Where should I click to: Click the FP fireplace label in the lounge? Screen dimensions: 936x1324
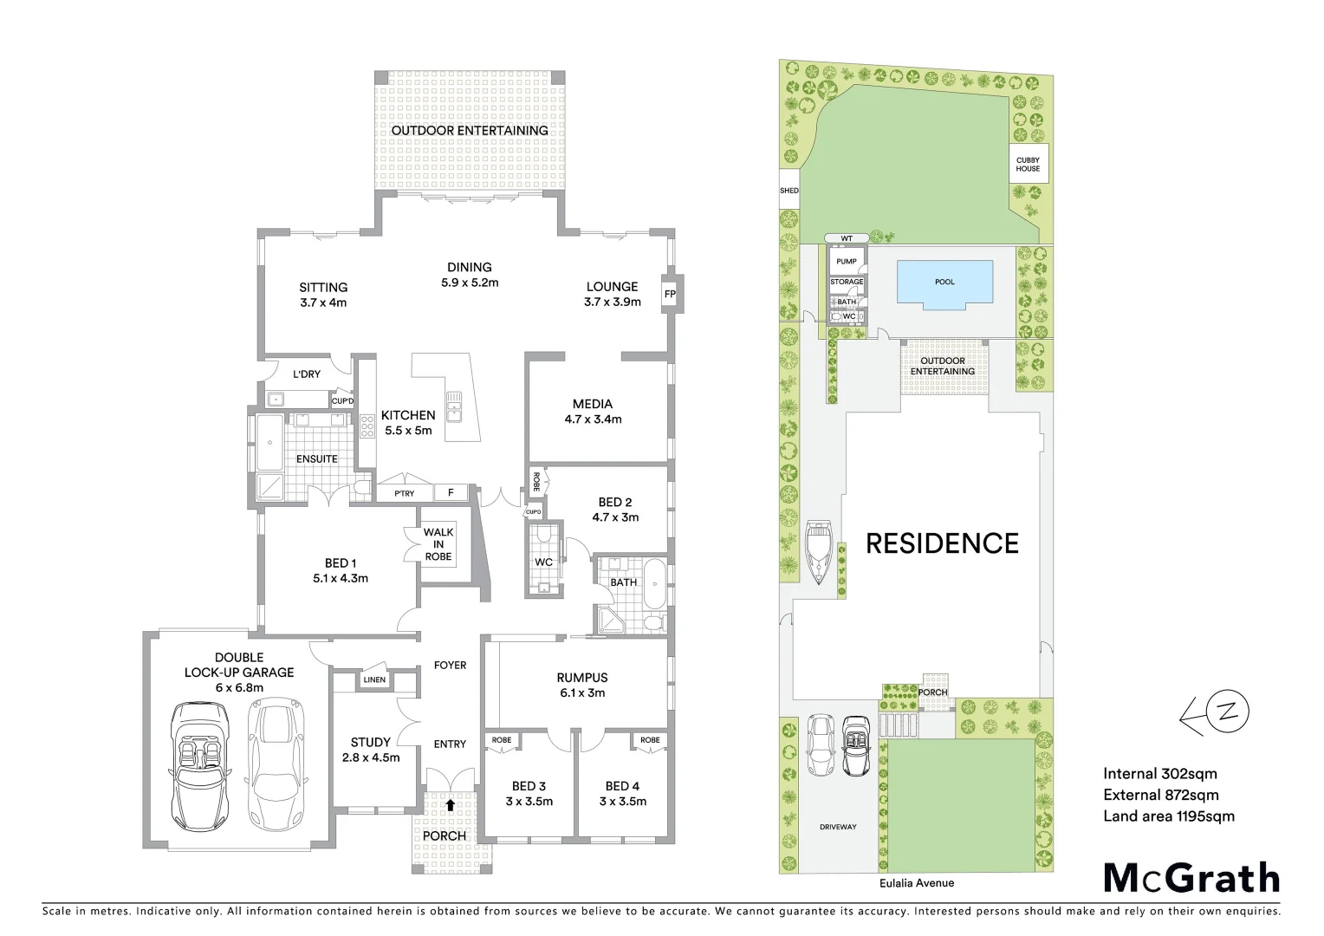pos(669,294)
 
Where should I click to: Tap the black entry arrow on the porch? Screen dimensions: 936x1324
pos(450,804)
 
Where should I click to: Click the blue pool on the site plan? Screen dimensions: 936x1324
pos(944,283)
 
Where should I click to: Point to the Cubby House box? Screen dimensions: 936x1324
pos(1029,164)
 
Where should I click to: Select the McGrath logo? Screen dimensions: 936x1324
pos(1191,878)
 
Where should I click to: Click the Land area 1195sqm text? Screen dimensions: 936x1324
pos(1168,816)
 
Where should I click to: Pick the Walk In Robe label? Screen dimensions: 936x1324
pos(438,544)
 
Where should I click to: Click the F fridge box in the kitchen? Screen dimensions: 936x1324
pos(451,493)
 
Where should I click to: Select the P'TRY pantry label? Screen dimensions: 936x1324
pos(405,494)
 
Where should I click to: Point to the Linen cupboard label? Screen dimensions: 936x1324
pos(374,680)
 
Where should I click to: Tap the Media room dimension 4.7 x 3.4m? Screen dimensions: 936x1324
pos(593,419)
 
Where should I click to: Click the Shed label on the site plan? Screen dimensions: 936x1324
pos(789,191)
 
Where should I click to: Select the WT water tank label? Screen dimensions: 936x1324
pos(847,238)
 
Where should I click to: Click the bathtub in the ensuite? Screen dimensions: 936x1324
pos(270,442)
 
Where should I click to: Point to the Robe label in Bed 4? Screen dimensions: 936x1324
pos(650,740)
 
